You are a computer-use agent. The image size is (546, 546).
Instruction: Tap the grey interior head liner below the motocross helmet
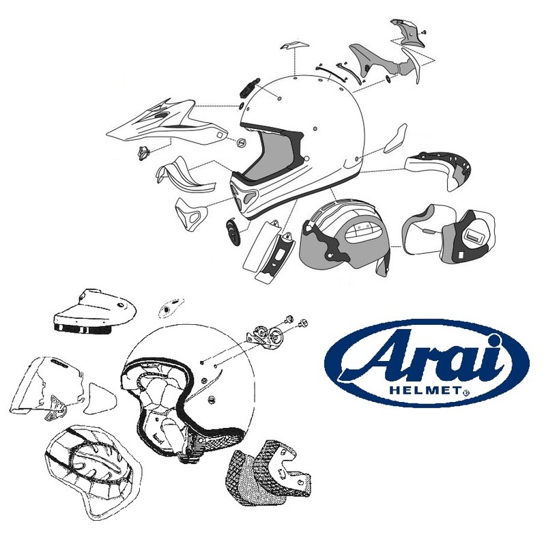tap(345, 235)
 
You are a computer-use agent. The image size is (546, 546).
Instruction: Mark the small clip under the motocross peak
tap(144, 154)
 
